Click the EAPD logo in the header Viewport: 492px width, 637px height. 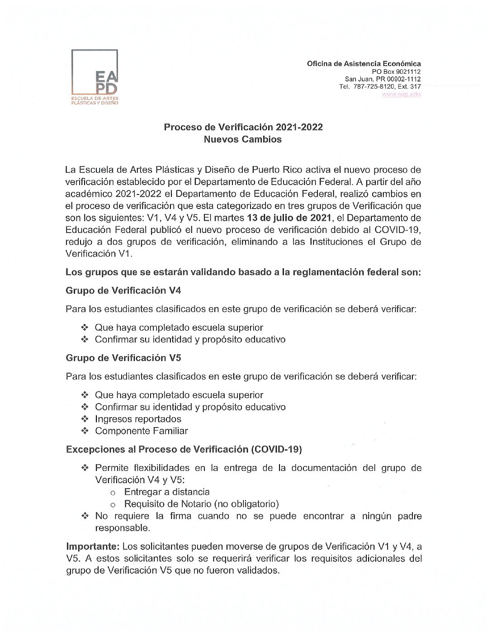click(95, 77)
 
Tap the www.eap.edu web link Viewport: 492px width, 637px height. click(401, 94)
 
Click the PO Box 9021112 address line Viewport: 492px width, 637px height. click(396, 71)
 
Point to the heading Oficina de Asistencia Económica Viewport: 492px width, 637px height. click(364, 64)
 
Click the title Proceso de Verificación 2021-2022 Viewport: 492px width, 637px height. click(243, 127)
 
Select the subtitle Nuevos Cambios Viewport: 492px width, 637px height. click(242, 139)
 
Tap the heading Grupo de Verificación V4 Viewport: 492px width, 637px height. click(123, 290)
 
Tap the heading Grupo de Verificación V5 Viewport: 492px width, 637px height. click(123, 358)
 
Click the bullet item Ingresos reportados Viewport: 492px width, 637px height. click(138, 419)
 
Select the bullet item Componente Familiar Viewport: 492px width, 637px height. click(141, 431)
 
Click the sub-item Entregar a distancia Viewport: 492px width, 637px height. click(167, 492)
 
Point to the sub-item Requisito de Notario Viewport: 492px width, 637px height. click(201, 504)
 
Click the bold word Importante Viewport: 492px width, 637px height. click(93, 547)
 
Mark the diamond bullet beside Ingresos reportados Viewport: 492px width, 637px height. click(85, 419)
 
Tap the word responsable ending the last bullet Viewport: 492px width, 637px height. click(122, 528)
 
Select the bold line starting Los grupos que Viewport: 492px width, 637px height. click(243, 272)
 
